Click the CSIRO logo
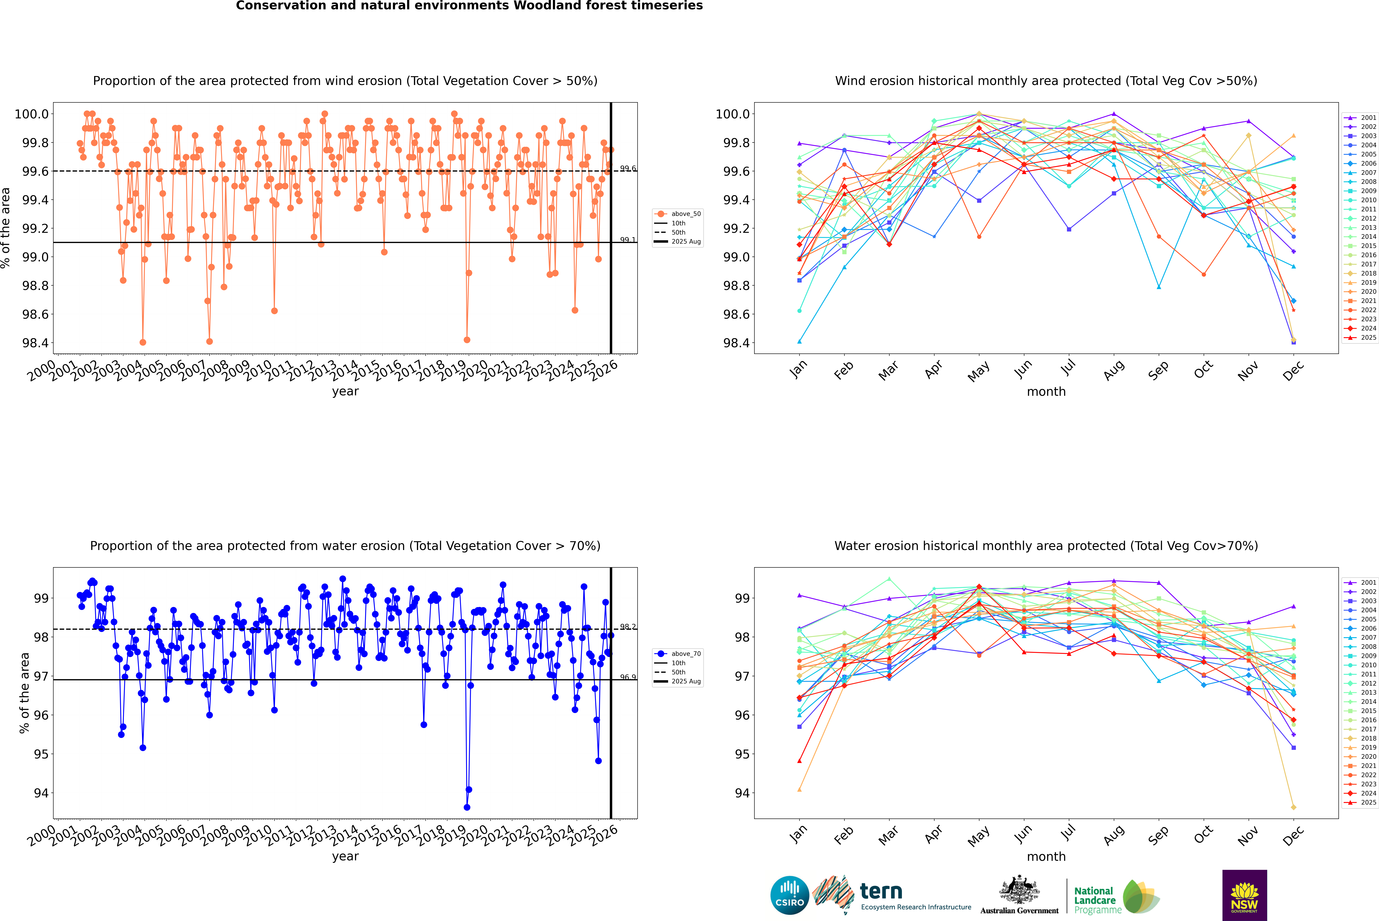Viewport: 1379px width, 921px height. pyautogui.click(x=790, y=895)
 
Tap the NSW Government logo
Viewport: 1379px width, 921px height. pyautogui.click(x=1244, y=895)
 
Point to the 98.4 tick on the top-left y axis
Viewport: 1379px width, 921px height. pyautogui.click(x=35, y=343)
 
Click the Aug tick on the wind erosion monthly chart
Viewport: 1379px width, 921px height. pyautogui.click(x=1113, y=370)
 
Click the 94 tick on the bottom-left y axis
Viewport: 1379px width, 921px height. pyautogui.click(x=41, y=793)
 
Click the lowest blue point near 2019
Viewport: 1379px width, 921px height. pyautogui.click(x=467, y=807)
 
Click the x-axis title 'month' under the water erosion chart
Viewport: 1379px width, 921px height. pyautogui.click(x=1046, y=856)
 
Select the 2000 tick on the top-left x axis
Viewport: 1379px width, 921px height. pyautogui.click(x=42, y=371)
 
